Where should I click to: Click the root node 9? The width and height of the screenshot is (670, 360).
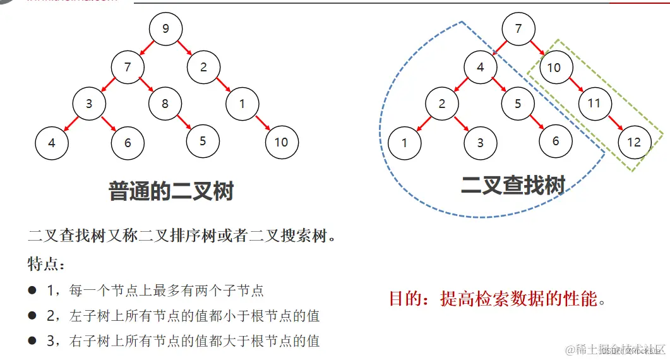[x=165, y=28]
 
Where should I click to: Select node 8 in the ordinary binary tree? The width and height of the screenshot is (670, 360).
[x=165, y=103]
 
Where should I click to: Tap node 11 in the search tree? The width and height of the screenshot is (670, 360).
[x=594, y=102]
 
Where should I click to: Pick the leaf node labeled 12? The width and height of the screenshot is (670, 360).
[x=633, y=142]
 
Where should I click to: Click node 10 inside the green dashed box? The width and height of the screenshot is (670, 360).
[x=554, y=67]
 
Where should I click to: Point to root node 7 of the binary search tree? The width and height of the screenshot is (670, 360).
[x=518, y=29]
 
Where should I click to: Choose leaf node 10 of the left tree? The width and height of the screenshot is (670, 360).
[x=281, y=142]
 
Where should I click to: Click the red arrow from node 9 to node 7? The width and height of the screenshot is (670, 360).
[x=147, y=47]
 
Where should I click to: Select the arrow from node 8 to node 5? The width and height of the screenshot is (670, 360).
[x=184, y=123]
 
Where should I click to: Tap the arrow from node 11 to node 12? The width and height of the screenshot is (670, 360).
[x=614, y=122]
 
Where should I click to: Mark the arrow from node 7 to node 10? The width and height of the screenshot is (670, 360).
[x=536, y=47]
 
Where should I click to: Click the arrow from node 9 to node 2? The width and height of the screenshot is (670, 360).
[x=184, y=47]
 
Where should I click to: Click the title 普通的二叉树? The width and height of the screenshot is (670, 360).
[x=171, y=191]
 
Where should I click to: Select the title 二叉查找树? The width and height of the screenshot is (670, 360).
[x=513, y=185]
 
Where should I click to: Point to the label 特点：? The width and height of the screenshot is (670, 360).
[x=47, y=263]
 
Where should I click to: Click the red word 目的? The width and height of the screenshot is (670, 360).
[x=404, y=298]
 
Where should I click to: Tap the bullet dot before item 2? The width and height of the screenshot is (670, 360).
[x=32, y=315]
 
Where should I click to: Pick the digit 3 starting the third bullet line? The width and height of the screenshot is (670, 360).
[x=51, y=341]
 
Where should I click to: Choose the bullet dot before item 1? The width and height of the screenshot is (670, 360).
[x=32, y=290]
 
